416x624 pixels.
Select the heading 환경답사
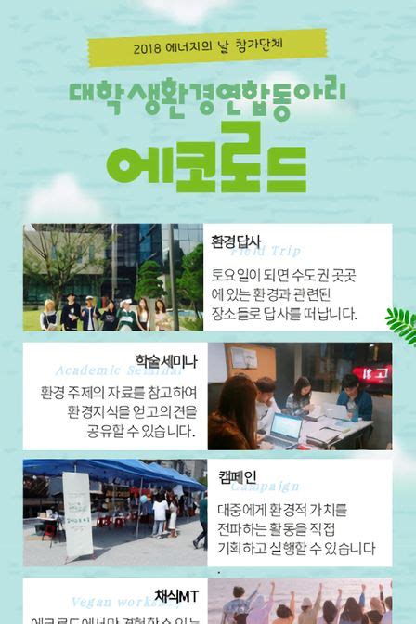237,242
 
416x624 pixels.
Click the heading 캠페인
238,475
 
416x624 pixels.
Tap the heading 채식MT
174,595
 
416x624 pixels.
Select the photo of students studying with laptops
299,396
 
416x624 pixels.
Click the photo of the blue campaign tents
114,512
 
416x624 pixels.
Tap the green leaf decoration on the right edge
402,324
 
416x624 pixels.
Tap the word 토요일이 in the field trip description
240,276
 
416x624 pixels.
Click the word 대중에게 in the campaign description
244,510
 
